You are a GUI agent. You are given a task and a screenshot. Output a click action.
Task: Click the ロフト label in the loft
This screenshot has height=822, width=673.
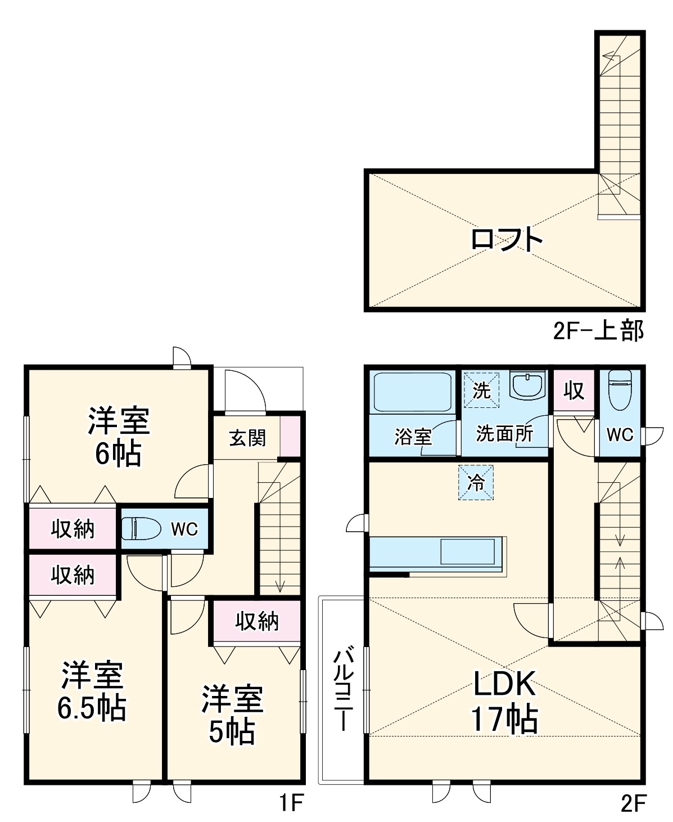click(506, 240)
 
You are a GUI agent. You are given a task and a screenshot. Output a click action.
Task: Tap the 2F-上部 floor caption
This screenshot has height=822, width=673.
click(598, 331)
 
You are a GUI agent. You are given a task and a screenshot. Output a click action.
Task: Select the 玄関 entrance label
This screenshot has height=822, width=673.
click(247, 438)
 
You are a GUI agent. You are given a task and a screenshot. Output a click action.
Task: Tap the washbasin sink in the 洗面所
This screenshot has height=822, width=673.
click(528, 385)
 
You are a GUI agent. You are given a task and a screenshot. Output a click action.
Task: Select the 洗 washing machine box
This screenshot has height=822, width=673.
click(481, 390)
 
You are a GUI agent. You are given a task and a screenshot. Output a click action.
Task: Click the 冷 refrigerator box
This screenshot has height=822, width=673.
click(476, 483)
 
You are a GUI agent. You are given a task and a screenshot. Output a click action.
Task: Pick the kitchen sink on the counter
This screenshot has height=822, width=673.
click(468, 551)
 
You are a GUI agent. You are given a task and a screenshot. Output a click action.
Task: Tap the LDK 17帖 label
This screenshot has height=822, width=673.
click(504, 701)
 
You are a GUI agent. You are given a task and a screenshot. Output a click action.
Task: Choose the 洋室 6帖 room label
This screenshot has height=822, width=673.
click(118, 437)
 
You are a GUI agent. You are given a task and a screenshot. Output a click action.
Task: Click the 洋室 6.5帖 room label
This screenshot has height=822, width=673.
click(92, 691)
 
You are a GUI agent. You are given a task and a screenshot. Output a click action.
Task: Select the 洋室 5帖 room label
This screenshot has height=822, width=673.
click(232, 713)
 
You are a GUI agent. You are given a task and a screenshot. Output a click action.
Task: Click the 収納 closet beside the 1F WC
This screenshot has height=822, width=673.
click(73, 529)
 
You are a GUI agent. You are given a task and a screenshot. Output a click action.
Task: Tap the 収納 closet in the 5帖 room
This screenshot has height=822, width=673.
click(256, 621)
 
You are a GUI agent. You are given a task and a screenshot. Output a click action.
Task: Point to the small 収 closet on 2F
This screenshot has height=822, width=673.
click(573, 390)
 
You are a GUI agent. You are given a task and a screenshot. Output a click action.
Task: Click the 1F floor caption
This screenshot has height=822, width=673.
click(291, 803)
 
